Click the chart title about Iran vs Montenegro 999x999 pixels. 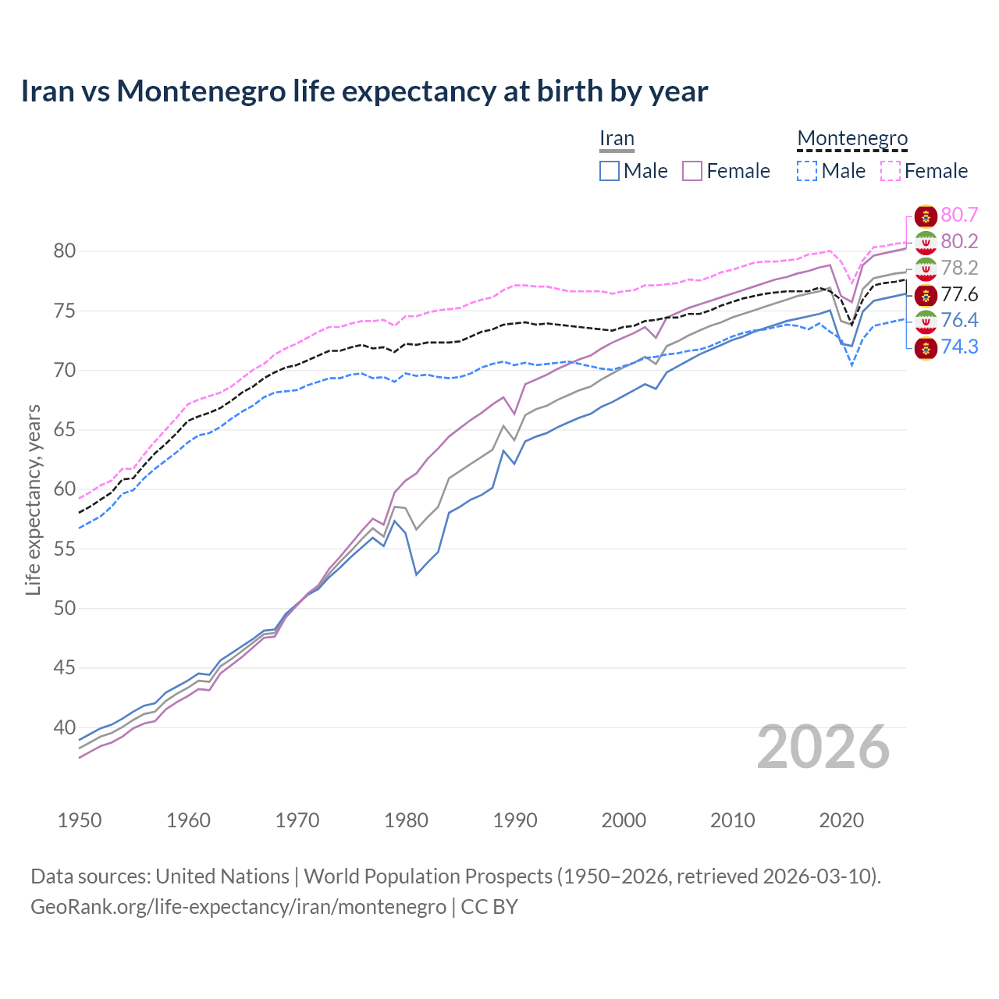click(x=364, y=91)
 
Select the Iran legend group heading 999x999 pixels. click(x=617, y=139)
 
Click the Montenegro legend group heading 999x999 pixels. click(x=852, y=139)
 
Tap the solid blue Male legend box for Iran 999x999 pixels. click(x=610, y=171)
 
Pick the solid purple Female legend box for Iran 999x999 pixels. click(x=692, y=171)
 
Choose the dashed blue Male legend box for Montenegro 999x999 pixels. click(x=807, y=171)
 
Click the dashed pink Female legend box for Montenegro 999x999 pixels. click(x=890, y=171)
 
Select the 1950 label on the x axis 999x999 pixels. click(x=80, y=820)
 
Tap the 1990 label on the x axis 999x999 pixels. click(x=515, y=820)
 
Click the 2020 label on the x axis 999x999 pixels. click(x=841, y=820)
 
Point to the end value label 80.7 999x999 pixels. click(x=959, y=215)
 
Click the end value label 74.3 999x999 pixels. click(x=959, y=347)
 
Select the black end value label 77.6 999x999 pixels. click(x=959, y=294)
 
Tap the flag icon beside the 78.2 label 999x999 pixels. click(x=926, y=268)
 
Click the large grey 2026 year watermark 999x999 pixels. click(x=823, y=747)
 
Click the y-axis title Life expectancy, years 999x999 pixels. click(x=34, y=499)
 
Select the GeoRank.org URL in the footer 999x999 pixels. click(x=238, y=907)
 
